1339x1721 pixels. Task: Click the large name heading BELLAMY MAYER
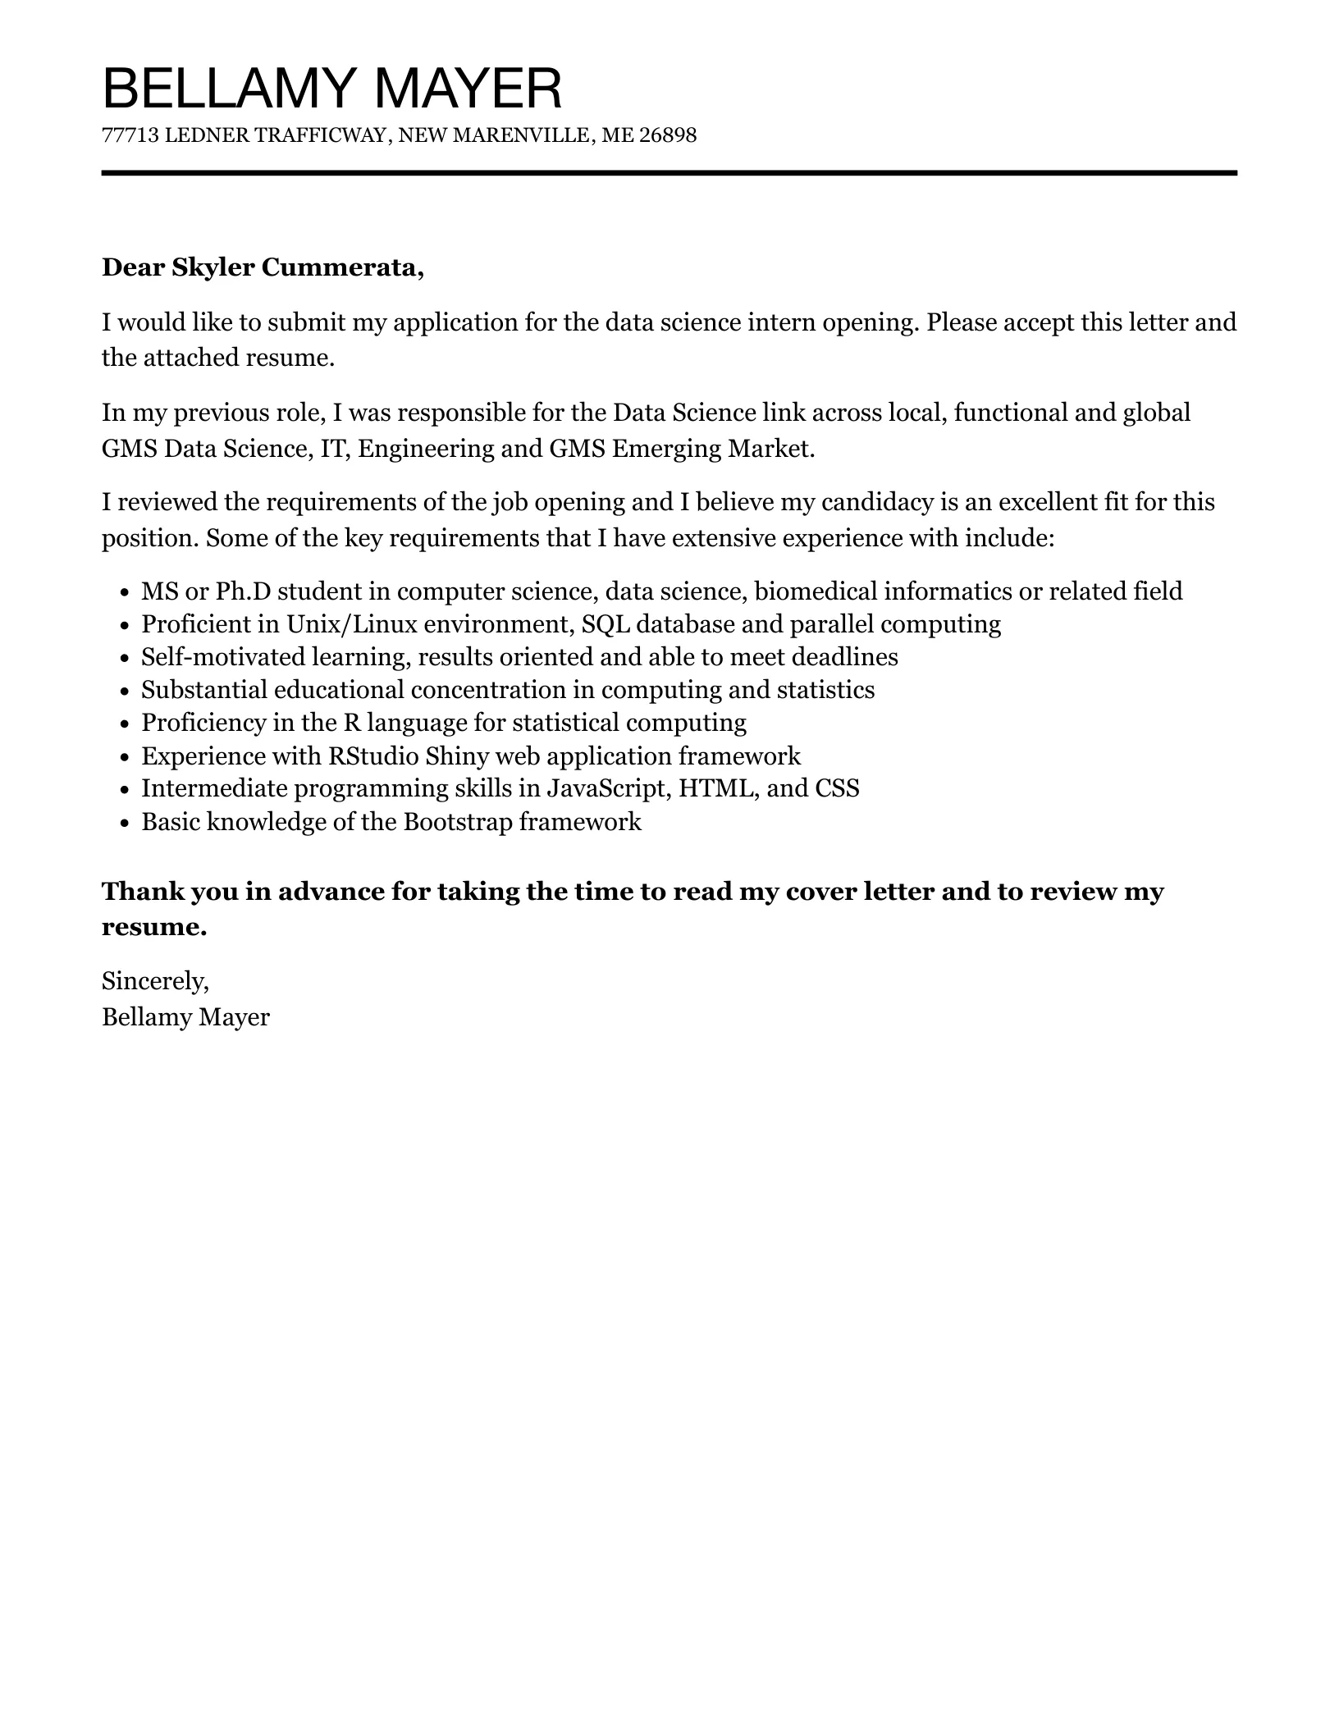tap(331, 89)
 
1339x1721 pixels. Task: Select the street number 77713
tap(130, 135)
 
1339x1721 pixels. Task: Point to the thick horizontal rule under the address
tap(669, 173)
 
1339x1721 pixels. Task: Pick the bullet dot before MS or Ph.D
tap(124, 593)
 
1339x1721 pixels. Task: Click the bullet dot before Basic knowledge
tap(124, 823)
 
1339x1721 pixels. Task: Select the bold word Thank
tap(142, 891)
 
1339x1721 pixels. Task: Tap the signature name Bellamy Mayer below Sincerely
tap(185, 1017)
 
